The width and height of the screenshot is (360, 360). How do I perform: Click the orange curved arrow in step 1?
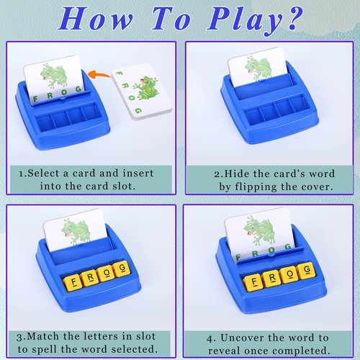click(102, 73)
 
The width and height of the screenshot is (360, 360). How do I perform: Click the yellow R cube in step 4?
click(270, 278)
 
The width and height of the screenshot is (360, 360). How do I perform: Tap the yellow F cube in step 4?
click(252, 281)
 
